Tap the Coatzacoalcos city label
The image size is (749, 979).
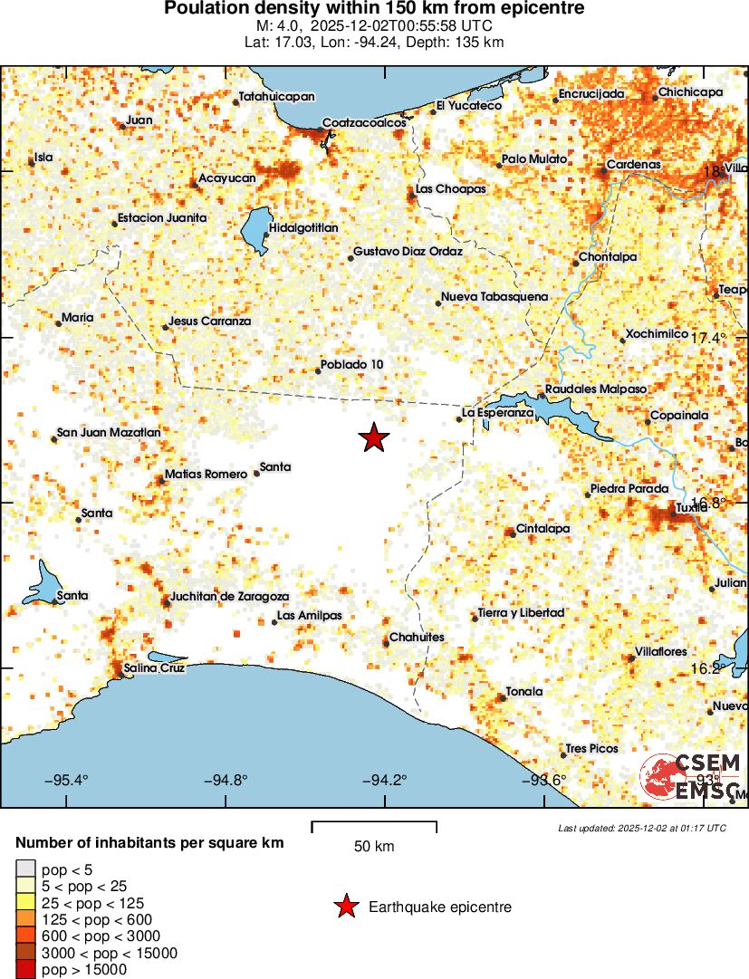364,123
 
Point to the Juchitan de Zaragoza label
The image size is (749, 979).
230,597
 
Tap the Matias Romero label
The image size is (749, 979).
206,475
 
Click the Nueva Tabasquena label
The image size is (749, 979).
495,297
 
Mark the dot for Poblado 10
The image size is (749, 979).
319,370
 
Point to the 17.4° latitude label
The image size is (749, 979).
709,338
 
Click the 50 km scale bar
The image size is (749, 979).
374,826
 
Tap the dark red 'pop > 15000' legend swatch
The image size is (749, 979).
24,969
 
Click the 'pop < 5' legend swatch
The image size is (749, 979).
24,869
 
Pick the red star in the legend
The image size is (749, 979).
345,906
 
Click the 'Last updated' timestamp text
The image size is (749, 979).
642,828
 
